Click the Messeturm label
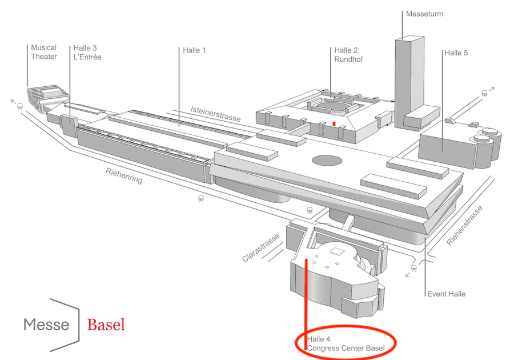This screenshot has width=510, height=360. (424, 14)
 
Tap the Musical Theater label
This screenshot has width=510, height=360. (44, 52)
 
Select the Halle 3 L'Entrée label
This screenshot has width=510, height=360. (87, 53)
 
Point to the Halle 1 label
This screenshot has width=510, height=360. (194, 50)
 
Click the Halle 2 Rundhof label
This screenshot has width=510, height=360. (348, 55)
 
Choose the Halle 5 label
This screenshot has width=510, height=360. (456, 53)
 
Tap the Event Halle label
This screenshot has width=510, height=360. (446, 294)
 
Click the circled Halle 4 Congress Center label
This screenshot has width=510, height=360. (346, 344)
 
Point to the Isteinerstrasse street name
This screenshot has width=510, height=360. (216, 114)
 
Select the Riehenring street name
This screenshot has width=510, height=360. (124, 176)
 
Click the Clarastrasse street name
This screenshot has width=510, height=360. (261, 247)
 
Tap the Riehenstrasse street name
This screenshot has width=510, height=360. (464, 226)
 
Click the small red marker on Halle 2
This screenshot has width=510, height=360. (334, 123)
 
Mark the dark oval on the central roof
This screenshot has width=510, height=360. (327, 160)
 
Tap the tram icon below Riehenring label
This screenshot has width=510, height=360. (201, 198)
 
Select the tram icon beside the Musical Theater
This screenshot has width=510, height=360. (20, 106)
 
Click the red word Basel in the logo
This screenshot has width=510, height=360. (106, 325)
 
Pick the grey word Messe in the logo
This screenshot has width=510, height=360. (46, 325)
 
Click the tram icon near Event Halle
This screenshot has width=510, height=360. (413, 268)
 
